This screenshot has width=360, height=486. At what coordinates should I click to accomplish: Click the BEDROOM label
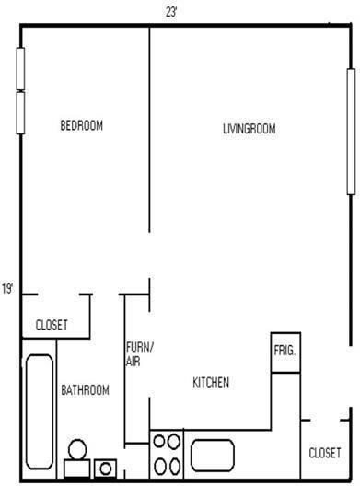[81, 126]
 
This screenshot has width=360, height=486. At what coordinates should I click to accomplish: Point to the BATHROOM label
[85, 390]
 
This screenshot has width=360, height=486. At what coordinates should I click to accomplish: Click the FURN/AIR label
[140, 354]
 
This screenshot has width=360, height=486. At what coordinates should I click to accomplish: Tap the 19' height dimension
[7, 289]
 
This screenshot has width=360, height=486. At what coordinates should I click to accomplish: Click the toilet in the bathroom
[76, 457]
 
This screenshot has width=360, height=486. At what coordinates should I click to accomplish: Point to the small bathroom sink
[105, 469]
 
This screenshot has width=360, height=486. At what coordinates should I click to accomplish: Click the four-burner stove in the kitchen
[167, 454]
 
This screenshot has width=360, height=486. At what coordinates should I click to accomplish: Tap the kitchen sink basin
[215, 456]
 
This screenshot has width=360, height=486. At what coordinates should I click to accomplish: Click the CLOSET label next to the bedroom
[52, 324]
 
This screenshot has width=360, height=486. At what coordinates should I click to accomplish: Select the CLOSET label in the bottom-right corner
[325, 452]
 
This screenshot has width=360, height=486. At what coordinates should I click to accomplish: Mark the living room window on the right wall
[350, 131]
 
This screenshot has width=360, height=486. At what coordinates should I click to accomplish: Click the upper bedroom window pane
[20, 68]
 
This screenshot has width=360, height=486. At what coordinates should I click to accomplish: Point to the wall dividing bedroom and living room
[150, 129]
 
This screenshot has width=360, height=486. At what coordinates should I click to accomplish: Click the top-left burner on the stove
[158, 441]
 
